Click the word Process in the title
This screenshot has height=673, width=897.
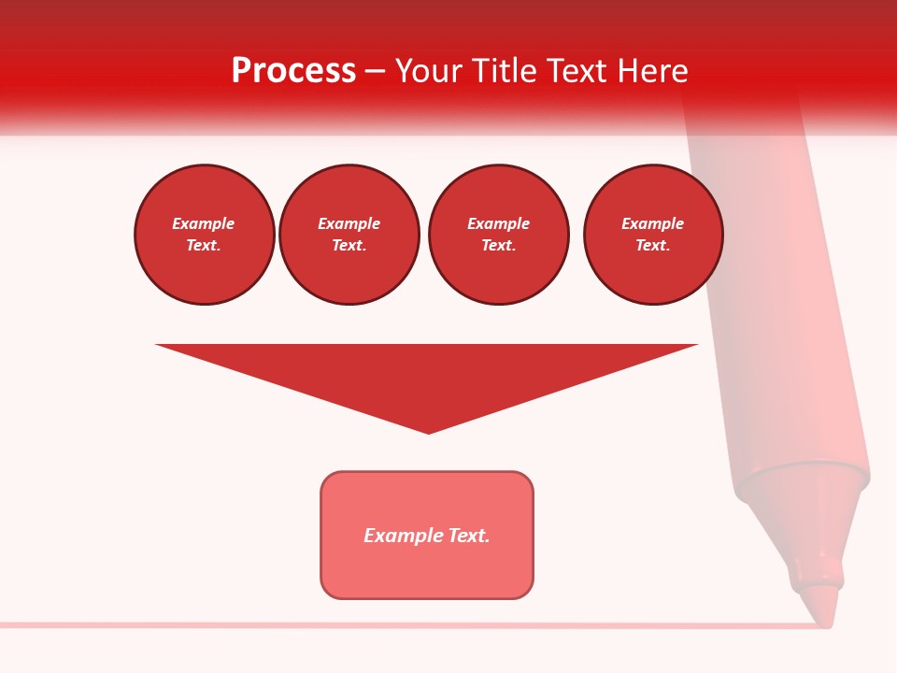click(293, 71)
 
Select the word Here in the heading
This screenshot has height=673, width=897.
click(652, 71)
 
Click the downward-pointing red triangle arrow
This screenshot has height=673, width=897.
click(427, 374)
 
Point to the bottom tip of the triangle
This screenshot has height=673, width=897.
click(428, 432)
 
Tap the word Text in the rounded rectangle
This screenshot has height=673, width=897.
click(468, 536)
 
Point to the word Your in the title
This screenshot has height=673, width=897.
click(427, 71)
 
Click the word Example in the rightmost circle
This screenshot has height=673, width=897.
click(653, 223)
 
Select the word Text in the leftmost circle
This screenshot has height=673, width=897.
click(204, 245)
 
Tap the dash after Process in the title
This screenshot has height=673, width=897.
click(375, 71)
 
